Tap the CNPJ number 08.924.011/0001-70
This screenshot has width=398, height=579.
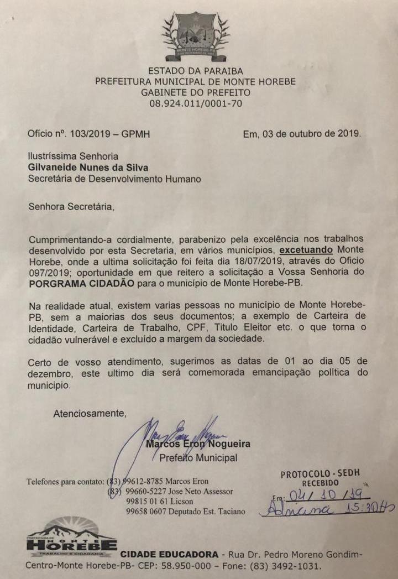pyautogui.click(x=195, y=103)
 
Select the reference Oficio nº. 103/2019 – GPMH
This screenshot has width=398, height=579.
pyautogui.click(x=88, y=134)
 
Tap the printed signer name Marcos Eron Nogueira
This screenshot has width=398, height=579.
pyautogui.click(x=198, y=444)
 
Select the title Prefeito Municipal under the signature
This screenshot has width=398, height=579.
pyautogui.click(x=198, y=458)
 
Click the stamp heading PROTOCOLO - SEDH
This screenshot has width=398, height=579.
pyautogui.click(x=320, y=474)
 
